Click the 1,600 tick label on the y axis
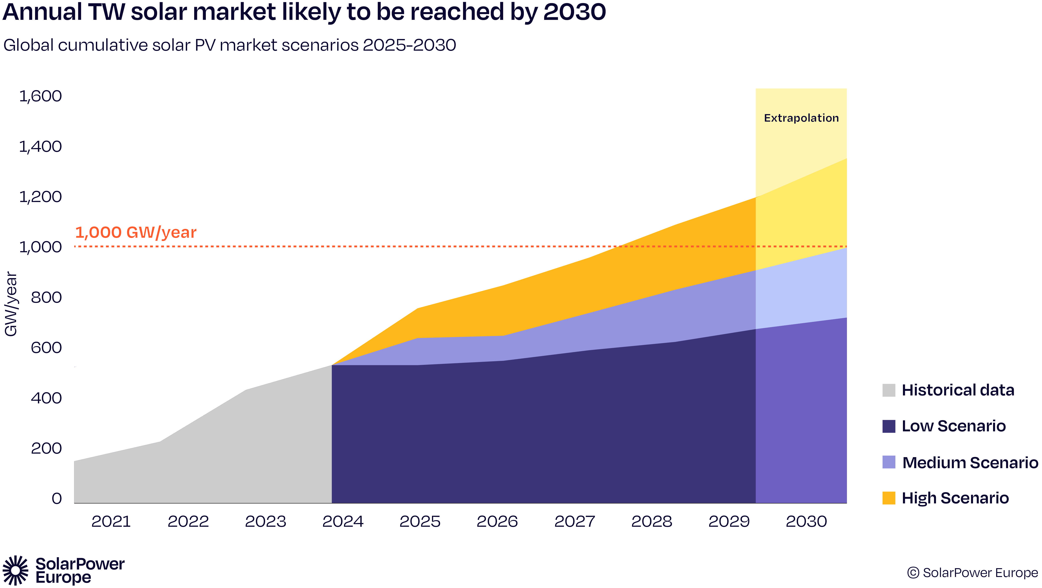click(x=41, y=96)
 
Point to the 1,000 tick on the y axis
click(x=41, y=247)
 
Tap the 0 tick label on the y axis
click(x=57, y=499)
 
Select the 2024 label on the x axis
click(x=343, y=522)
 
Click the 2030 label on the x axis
click(x=806, y=522)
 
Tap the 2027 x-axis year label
click(x=574, y=522)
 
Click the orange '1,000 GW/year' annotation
click(x=136, y=232)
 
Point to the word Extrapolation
click(x=801, y=118)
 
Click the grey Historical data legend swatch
click(x=889, y=390)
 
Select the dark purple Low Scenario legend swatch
click(x=889, y=426)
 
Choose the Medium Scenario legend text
click(x=970, y=463)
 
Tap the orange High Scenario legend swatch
click(x=889, y=498)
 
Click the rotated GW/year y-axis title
click(x=11, y=304)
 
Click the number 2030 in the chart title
click(x=574, y=12)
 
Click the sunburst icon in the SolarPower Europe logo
click(x=15, y=570)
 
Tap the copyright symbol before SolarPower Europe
click(x=913, y=573)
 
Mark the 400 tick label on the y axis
click(x=46, y=398)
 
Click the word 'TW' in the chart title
click(x=107, y=12)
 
